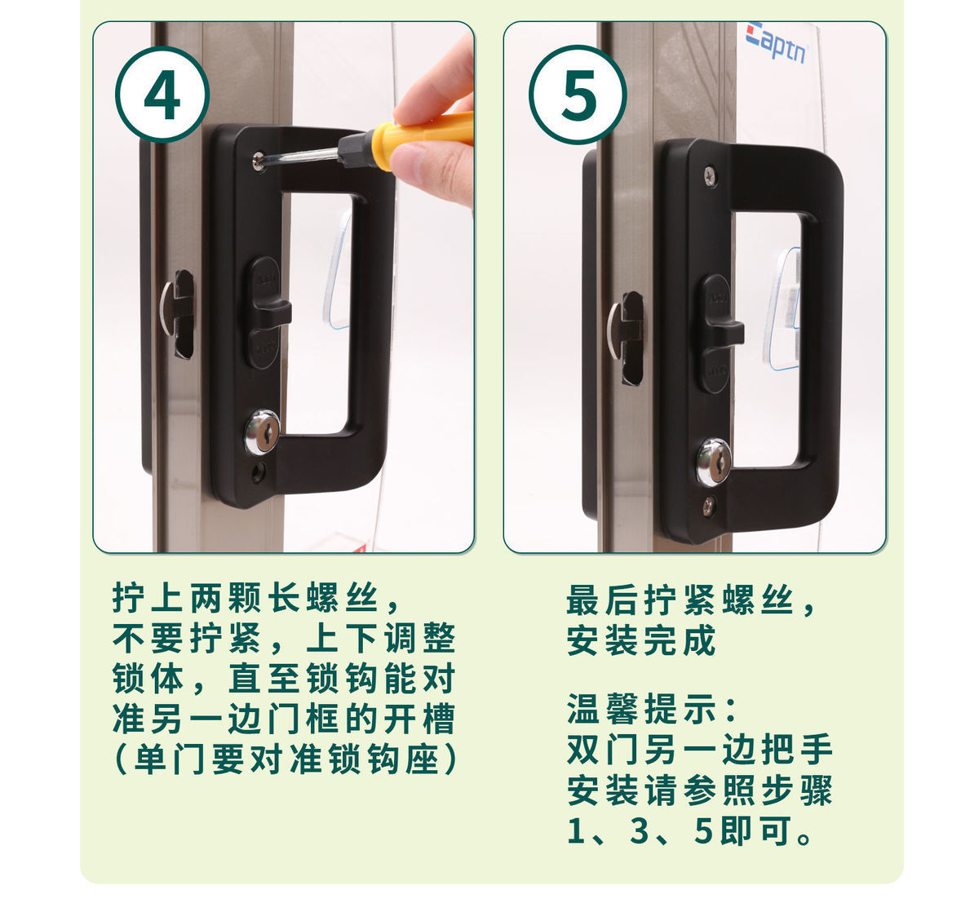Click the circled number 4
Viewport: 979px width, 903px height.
pyautogui.click(x=162, y=95)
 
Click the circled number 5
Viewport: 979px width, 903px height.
pyautogui.click(x=578, y=95)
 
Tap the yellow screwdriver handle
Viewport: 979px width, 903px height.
pyautogui.click(x=422, y=136)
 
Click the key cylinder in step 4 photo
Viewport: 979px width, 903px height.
pyautogui.click(x=262, y=432)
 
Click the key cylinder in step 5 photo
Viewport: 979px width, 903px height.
pyautogui.click(x=713, y=463)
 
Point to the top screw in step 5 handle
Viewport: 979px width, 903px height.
pyautogui.click(x=710, y=175)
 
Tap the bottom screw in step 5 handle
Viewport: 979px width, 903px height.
pyautogui.click(x=709, y=504)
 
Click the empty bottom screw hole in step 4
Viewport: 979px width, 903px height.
pyautogui.click(x=257, y=471)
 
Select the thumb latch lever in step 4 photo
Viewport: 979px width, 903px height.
pyautogui.click(x=268, y=312)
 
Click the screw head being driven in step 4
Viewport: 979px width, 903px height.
pyautogui.click(x=259, y=160)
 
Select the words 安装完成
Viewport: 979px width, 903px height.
pyautogui.click(x=640, y=640)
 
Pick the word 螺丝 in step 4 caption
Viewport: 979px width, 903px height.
pyautogui.click(x=342, y=598)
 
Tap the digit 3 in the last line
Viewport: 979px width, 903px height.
pyautogui.click(x=639, y=830)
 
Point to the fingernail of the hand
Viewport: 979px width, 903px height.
pyautogui.click(x=407, y=160)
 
